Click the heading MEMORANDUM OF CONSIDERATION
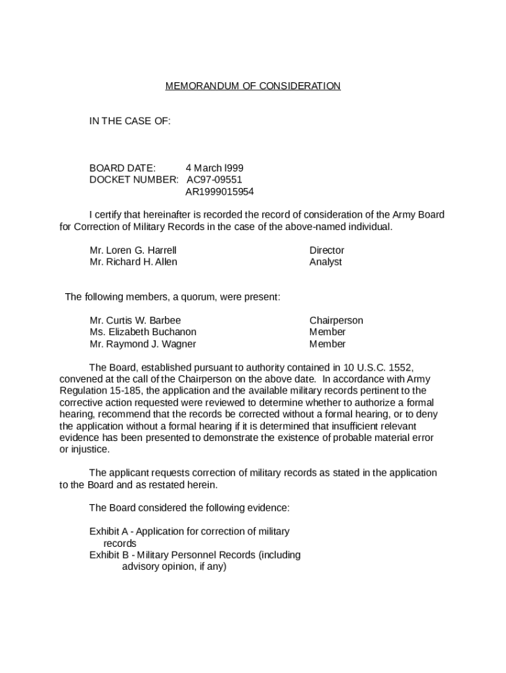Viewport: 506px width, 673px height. [253, 86]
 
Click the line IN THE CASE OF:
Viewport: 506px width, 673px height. [130, 122]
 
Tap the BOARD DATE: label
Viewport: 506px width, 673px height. [122, 168]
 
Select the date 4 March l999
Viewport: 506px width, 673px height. [214, 168]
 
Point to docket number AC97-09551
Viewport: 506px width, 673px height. [214, 180]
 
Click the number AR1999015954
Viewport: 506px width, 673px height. [219, 192]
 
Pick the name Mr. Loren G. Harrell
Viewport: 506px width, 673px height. [133, 250]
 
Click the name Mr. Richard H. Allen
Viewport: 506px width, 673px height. [133, 262]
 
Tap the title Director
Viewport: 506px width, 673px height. [327, 250]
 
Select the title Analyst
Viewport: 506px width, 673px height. [325, 262]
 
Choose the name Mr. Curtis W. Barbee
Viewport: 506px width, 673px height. [135, 321]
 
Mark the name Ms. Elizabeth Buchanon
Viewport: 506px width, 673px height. [143, 333]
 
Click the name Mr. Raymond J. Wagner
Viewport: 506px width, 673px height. [143, 344]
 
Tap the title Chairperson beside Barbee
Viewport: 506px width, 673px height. [336, 321]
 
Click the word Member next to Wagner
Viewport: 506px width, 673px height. [327, 344]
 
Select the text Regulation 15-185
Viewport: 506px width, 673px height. [96, 391]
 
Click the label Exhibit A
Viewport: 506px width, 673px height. [108, 531]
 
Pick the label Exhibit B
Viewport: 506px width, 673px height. [108, 555]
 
